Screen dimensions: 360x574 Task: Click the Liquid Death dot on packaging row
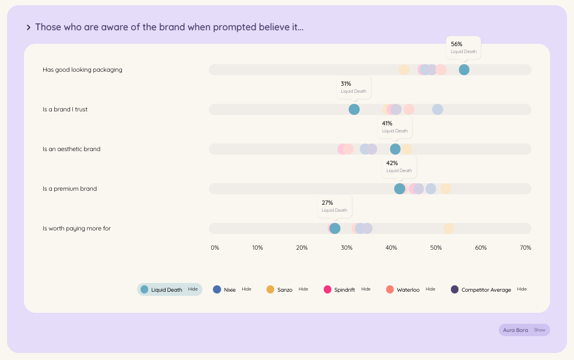[464, 70]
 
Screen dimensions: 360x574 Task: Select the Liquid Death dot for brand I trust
[354, 110]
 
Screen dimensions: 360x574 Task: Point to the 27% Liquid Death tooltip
[334, 206]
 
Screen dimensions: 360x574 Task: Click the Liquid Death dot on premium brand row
[400, 189]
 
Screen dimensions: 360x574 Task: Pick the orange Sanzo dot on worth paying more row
[449, 229]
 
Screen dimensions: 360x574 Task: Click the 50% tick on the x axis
[436, 248]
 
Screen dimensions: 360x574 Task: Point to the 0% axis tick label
[215, 248]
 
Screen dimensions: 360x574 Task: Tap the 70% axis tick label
[525, 248]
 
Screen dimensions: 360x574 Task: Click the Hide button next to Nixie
[246, 289]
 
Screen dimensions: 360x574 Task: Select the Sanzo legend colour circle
[270, 289]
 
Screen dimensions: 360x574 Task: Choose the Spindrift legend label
[344, 290]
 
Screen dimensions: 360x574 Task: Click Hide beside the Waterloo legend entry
[430, 289]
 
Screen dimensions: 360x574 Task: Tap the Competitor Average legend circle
[454, 289]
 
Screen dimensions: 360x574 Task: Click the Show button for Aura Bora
[540, 330]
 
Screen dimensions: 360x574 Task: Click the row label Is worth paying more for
[76, 229]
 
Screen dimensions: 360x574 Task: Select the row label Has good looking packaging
[82, 70]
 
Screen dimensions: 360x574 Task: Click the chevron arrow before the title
[29, 27]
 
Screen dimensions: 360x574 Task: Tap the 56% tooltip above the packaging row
[463, 47]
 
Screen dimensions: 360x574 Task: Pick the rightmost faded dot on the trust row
[437, 110]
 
